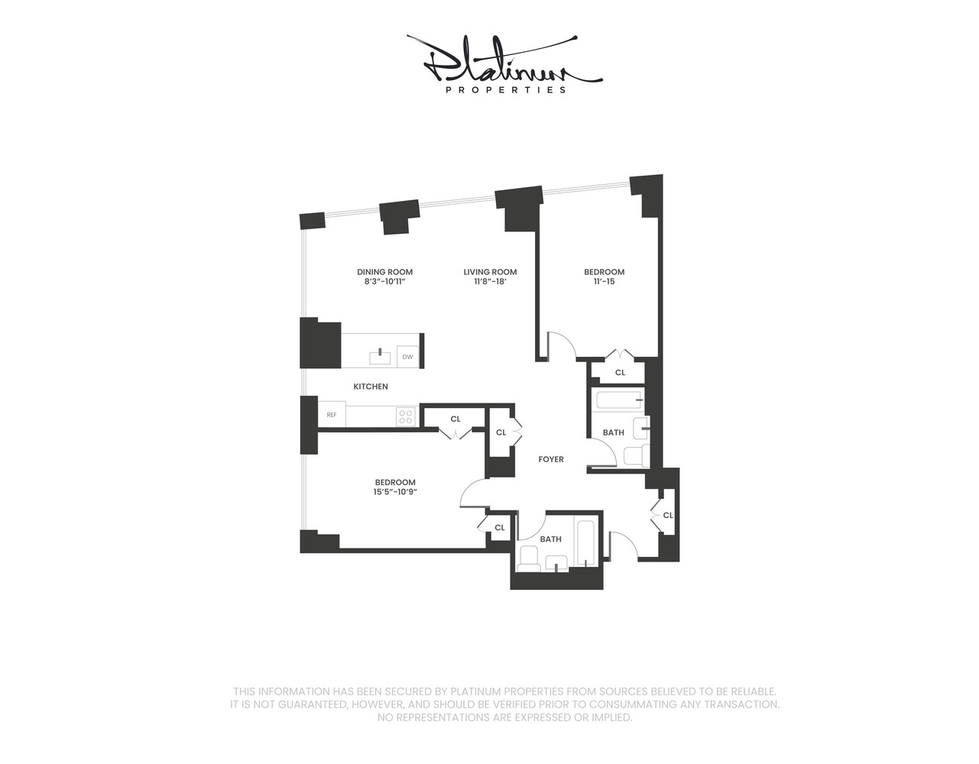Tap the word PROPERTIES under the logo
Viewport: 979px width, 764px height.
(506, 90)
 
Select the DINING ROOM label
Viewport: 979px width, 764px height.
(384, 272)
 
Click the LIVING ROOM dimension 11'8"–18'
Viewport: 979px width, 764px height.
(490, 281)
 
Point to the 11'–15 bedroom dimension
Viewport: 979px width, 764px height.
(604, 281)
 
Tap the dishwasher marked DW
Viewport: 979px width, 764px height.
(408, 357)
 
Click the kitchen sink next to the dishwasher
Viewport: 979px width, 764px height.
(381, 357)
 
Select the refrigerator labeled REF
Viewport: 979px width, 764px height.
(332, 414)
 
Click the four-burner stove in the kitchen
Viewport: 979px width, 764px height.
(406, 416)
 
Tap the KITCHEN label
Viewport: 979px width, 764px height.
(371, 387)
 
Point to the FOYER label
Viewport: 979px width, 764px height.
(551, 459)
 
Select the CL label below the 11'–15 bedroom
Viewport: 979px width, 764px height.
(621, 372)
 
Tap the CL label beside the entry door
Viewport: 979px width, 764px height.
(668, 515)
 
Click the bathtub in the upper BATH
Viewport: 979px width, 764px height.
(618, 400)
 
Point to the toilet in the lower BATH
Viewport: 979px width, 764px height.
(527, 559)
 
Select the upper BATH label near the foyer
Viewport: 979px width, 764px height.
(614, 432)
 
